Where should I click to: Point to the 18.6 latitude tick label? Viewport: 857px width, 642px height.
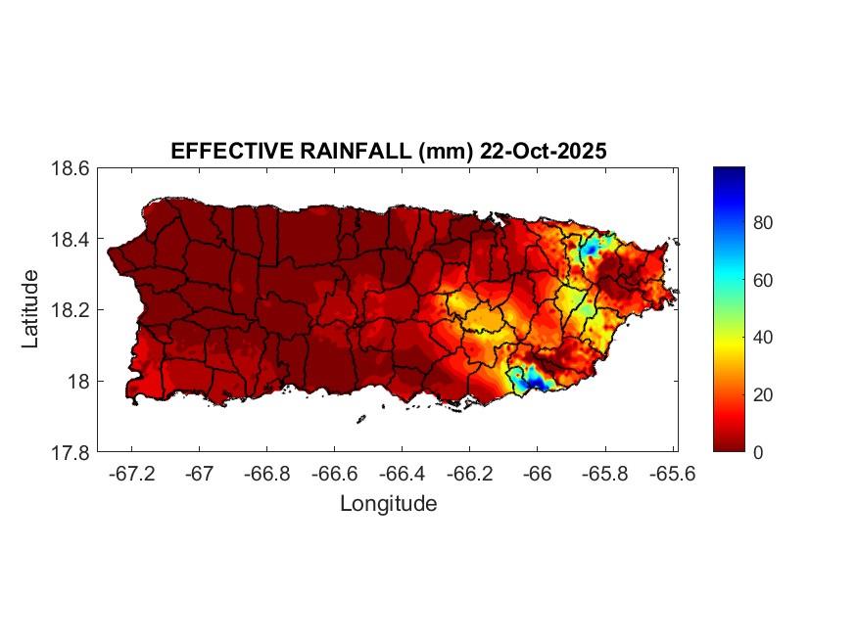pos(71,168)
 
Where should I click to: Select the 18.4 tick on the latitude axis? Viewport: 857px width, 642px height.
pos(71,240)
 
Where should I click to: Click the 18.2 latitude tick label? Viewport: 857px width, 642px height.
pos(71,310)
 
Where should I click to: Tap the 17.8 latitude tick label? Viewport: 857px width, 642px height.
pos(71,452)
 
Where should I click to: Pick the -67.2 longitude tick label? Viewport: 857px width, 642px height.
pos(132,474)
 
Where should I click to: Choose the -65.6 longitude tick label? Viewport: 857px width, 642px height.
pos(670,474)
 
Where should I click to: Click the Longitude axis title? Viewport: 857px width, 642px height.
pos(388,504)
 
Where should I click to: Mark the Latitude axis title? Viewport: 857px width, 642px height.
pos(31,309)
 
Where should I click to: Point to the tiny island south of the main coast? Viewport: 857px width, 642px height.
pos(361,419)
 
